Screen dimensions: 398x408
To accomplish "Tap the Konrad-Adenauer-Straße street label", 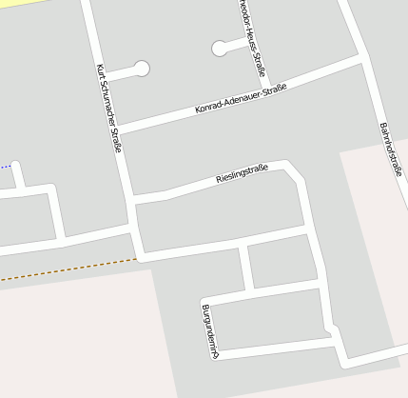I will [x=241, y=99].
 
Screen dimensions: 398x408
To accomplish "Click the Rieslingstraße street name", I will [x=243, y=173].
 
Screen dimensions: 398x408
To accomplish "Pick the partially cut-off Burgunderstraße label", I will [x=210, y=330].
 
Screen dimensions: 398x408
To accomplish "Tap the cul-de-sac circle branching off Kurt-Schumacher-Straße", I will [x=142, y=68].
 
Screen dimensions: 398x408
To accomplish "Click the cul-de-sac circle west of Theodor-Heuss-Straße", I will [x=220, y=47].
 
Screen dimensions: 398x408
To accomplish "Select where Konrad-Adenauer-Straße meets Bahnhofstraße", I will [x=361, y=59].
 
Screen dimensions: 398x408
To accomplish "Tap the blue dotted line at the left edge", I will [x=5, y=167].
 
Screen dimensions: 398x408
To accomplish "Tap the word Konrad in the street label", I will [x=210, y=107].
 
